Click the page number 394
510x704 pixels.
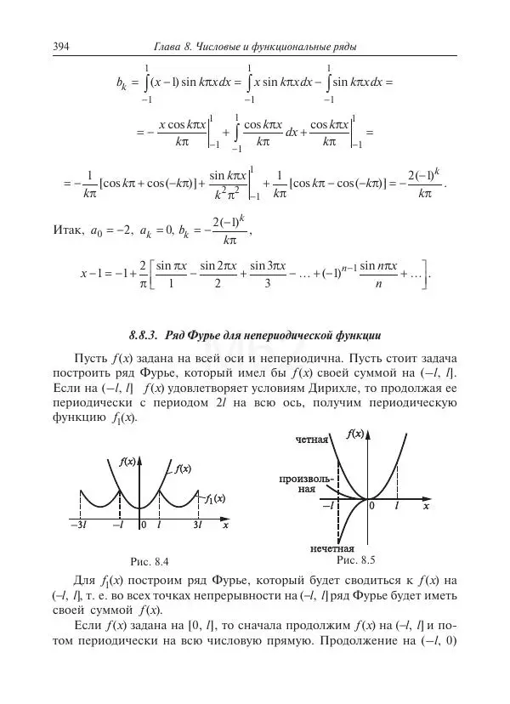60,45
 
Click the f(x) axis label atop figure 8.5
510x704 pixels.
356,434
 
